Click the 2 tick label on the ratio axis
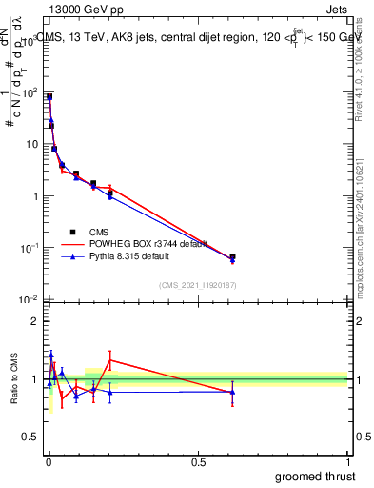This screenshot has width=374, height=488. (x=33, y=321)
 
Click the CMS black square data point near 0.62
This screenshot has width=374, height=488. (x=232, y=256)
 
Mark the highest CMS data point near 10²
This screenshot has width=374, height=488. (x=49, y=97)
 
